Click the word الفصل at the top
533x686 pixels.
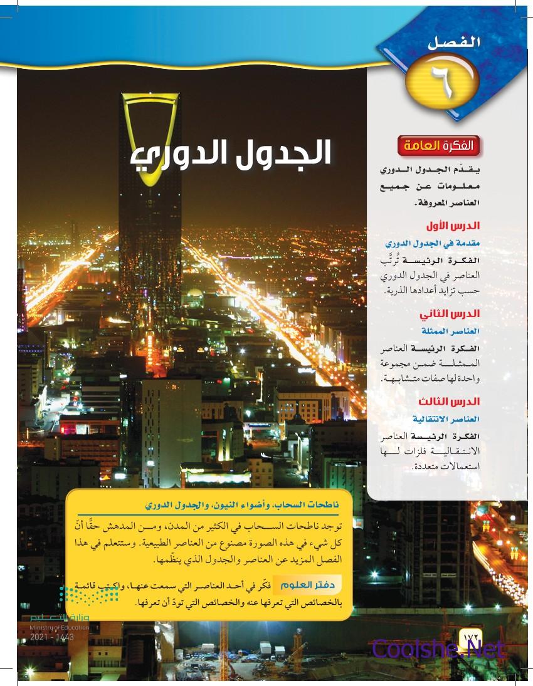pyautogui.click(x=449, y=44)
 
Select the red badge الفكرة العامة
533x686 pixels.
pyautogui.click(x=441, y=147)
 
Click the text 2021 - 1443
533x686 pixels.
pyautogui.click(x=51, y=637)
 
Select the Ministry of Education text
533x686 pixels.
pyautogui.click(x=59, y=628)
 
